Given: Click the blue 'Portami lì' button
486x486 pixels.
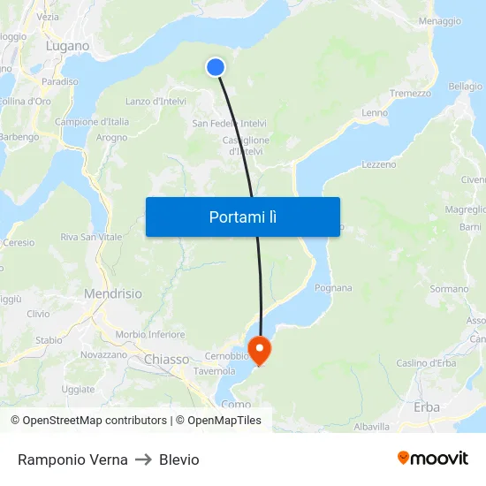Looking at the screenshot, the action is pyautogui.click(x=242, y=216).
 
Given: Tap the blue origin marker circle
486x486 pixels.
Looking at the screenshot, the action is pyautogui.click(x=216, y=67).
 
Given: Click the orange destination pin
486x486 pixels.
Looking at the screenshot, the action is pyautogui.click(x=260, y=350).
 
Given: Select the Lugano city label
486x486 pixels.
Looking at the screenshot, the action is pyautogui.click(x=69, y=46).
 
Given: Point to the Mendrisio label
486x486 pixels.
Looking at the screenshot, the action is pyautogui.click(x=112, y=293).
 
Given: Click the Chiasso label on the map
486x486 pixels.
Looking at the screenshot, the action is pyautogui.click(x=166, y=360).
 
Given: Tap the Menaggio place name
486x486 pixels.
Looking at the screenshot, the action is pyautogui.click(x=440, y=21).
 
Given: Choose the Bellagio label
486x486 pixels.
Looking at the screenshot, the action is pyautogui.click(x=465, y=87).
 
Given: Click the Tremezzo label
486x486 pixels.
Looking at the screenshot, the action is pyautogui.click(x=410, y=94).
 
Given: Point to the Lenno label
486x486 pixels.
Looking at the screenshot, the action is pyautogui.click(x=375, y=113).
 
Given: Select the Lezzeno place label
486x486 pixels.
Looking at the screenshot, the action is pyautogui.click(x=379, y=164).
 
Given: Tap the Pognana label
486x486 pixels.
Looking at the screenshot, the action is pyautogui.click(x=332, y=288).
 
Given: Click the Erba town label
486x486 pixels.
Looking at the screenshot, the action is pyautogui.click(x=427, y=407).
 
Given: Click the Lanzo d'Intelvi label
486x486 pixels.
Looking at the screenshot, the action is pyautogui.click(x=156, y=102).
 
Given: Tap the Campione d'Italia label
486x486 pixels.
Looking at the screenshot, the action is pyautogui.click(x=92, y=122).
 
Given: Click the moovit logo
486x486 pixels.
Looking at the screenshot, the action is pyautogui.click(x=433, y=459).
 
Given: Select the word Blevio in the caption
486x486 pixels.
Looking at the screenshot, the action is pyautogui.click(x=179, y=459).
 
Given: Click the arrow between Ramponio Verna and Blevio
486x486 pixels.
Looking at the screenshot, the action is pyautogui.click(x=144, y=459).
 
